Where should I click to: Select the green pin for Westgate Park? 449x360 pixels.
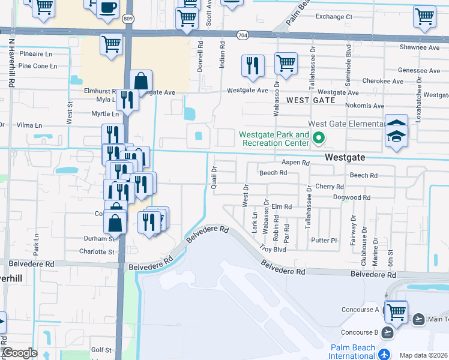(319, 139)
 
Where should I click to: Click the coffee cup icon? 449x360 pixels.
(107, 8)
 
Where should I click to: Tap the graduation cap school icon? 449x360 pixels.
(396, 136)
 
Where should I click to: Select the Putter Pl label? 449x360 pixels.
(324, 240)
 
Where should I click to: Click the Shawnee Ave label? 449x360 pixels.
(420, 47)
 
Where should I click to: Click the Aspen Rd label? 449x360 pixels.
(296, 163)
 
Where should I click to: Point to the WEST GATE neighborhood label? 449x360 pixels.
(310, 100)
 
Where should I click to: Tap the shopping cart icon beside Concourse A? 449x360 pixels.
(396, 312)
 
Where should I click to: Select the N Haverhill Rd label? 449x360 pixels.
(11, 63)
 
